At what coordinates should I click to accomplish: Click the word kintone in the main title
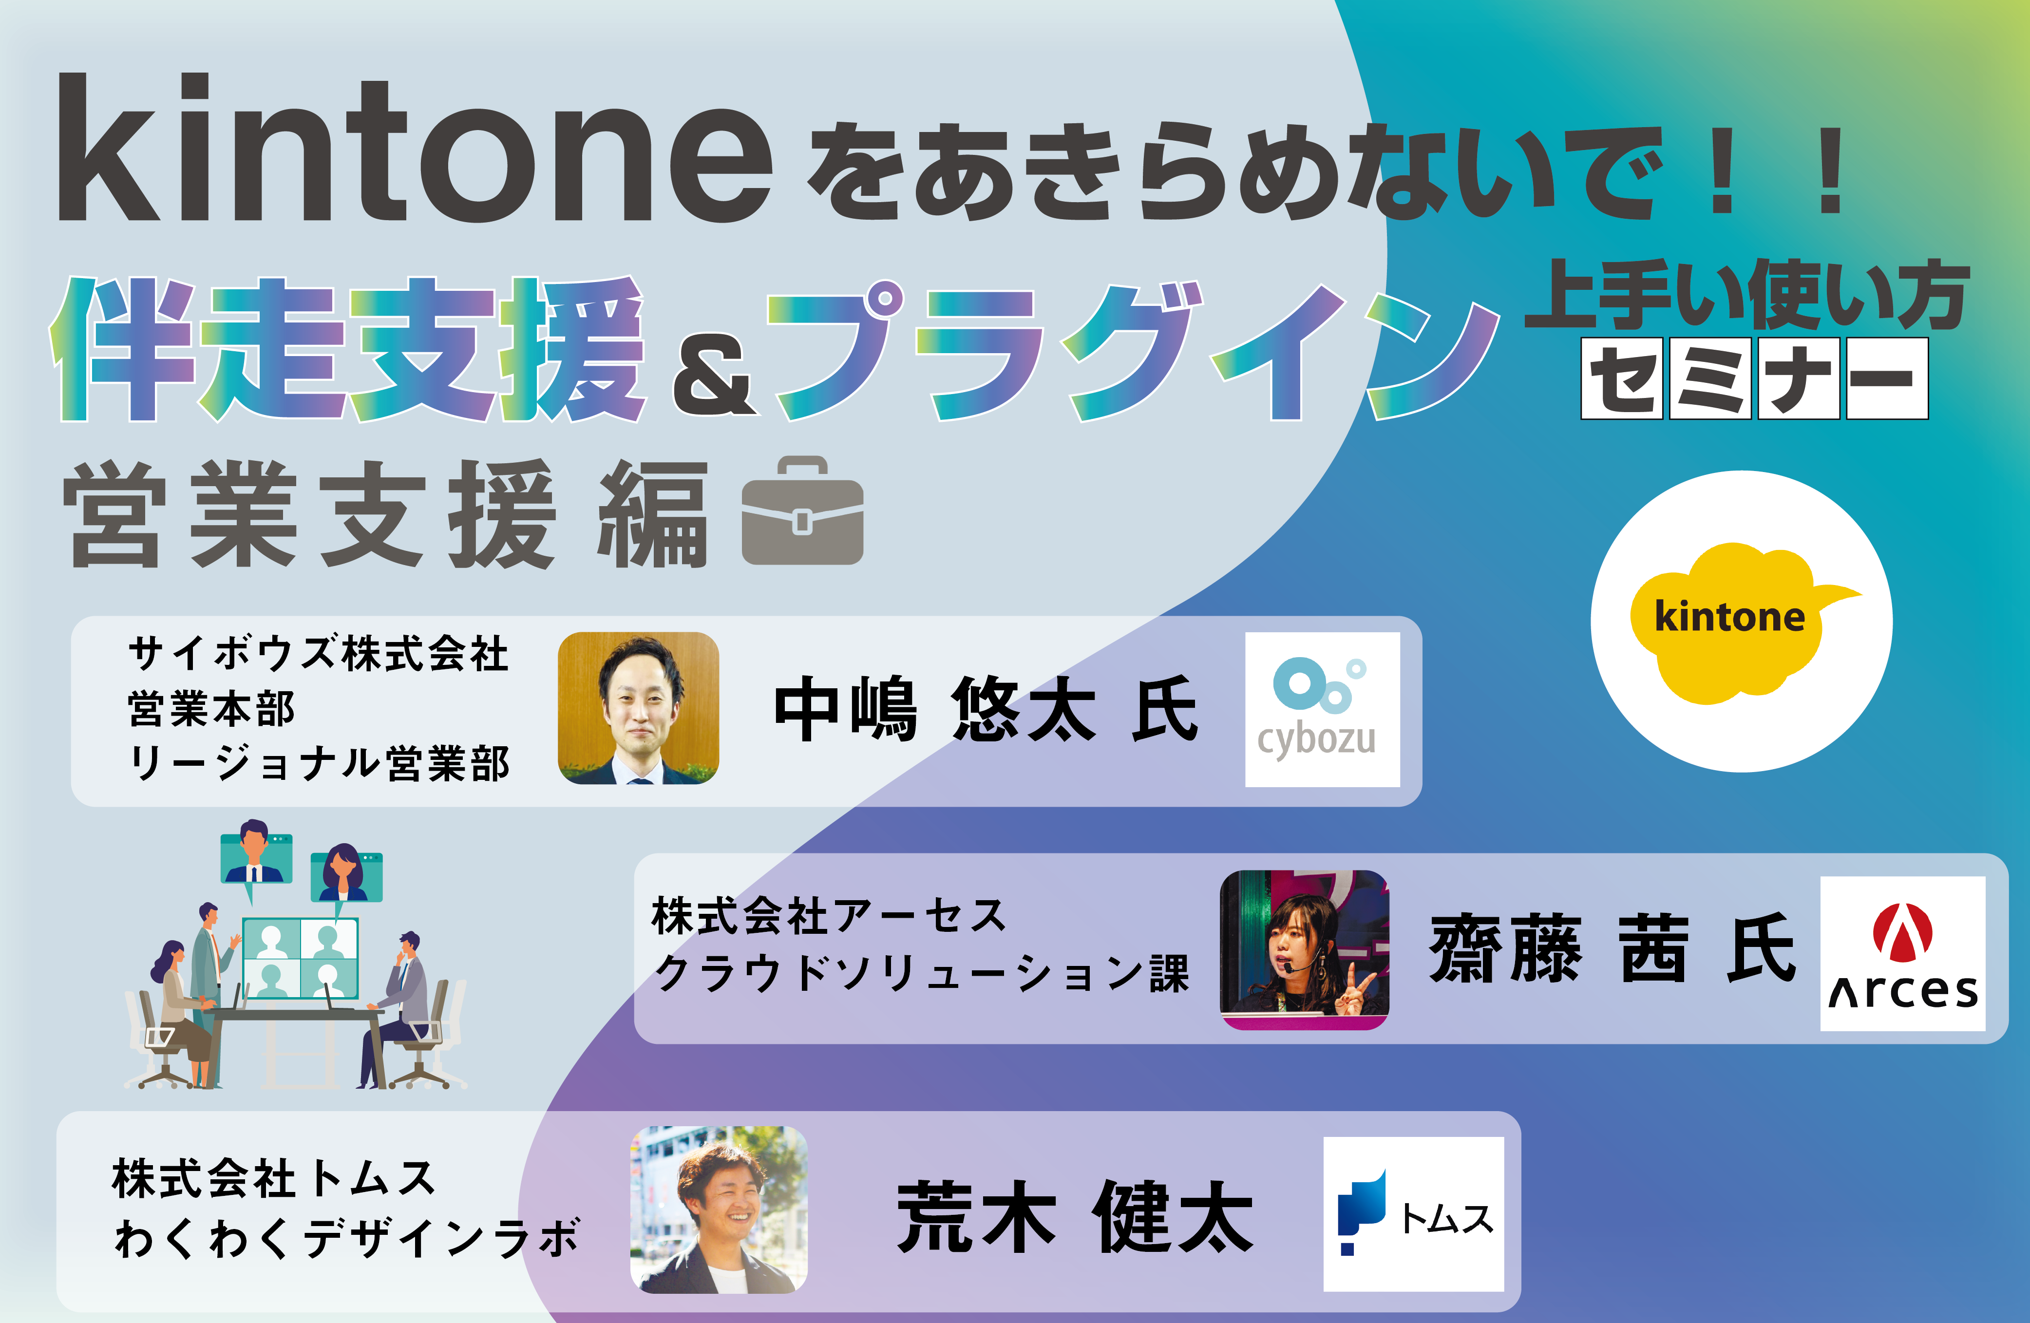click(x=416, y=149)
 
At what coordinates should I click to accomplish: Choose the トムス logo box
click(x=1413, y=1214)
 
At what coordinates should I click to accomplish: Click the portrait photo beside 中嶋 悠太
click(x=638, y=708)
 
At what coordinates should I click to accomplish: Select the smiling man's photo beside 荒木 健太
click(x=718, y=1210)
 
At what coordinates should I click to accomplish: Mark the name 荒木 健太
click(x=1075, y=1216)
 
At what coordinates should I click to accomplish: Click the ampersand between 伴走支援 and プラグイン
click(x=715, y=375)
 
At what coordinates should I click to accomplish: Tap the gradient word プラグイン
click(x=1135, y=351)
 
